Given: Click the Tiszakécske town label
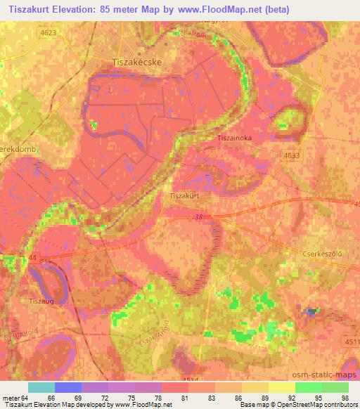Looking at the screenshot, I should pos(142,63).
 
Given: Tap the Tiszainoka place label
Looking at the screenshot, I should pos(234,138).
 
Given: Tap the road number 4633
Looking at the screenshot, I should pos(290,155).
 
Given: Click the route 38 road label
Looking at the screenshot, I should pos(201,218).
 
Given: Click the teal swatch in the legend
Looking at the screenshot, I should pos(41,387).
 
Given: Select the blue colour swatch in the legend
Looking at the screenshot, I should pos(67,387).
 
